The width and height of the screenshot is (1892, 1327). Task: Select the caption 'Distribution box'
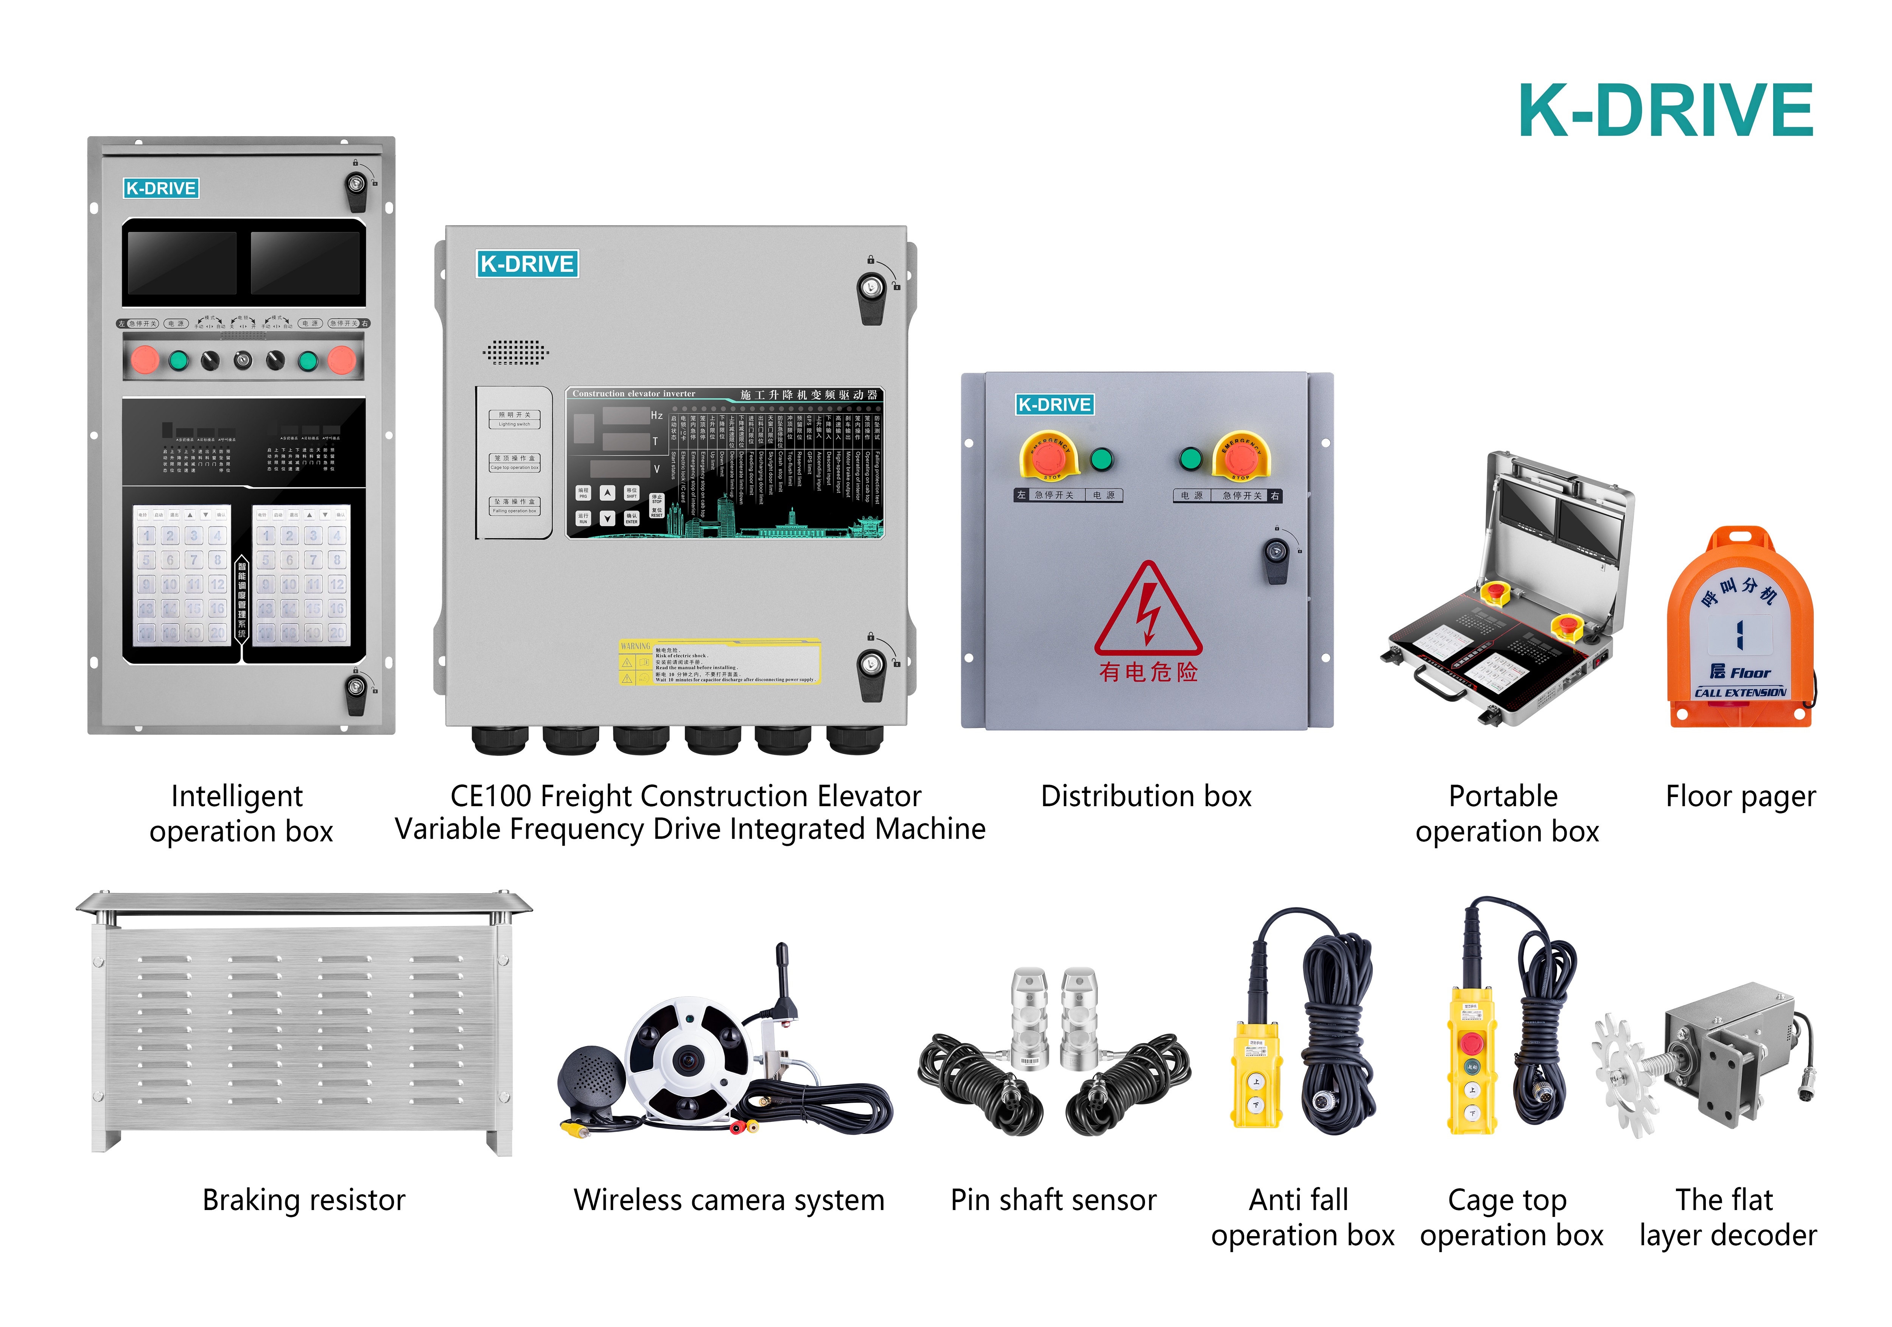[x=1145, y=796]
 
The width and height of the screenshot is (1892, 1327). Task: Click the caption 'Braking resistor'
[x=303, y=1200]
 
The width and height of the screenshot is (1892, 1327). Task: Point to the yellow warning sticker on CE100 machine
[x=719, y=662]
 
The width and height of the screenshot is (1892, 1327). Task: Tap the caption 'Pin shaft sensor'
[x=1053, y=1200]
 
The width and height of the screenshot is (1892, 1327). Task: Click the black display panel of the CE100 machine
[x=725, y=463]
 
